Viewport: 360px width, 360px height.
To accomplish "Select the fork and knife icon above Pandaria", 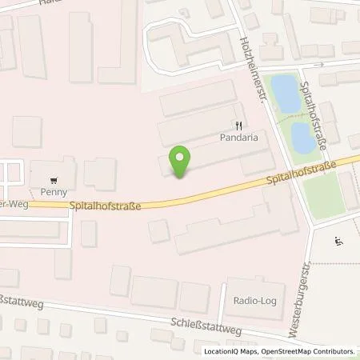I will coord(238,125).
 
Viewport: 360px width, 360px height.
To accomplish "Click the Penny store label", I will coord(53,192).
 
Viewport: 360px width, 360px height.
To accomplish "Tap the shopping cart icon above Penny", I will coord(53,180).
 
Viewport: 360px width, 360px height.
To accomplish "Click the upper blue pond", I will coord(283,94).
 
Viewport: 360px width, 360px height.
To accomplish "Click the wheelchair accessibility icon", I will coord(338,238).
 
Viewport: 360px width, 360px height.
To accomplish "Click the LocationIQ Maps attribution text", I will coord(226,351).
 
